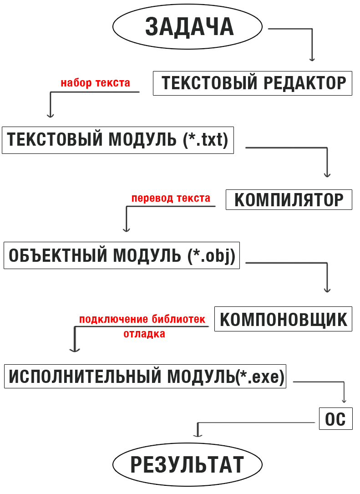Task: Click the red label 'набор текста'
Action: click(96, 83)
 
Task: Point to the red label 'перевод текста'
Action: click(171, 198)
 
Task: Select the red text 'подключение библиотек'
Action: click(142, 319)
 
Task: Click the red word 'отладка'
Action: click(144, 334)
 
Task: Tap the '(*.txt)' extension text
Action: click(206, 140)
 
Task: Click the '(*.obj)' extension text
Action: click(211, 255)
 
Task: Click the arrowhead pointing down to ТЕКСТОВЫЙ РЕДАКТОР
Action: click(312, 59)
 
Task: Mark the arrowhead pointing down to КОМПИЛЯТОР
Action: click(327, 174)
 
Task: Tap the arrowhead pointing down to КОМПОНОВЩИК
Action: click(327, 290)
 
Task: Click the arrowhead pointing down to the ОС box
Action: click(344, 400)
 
